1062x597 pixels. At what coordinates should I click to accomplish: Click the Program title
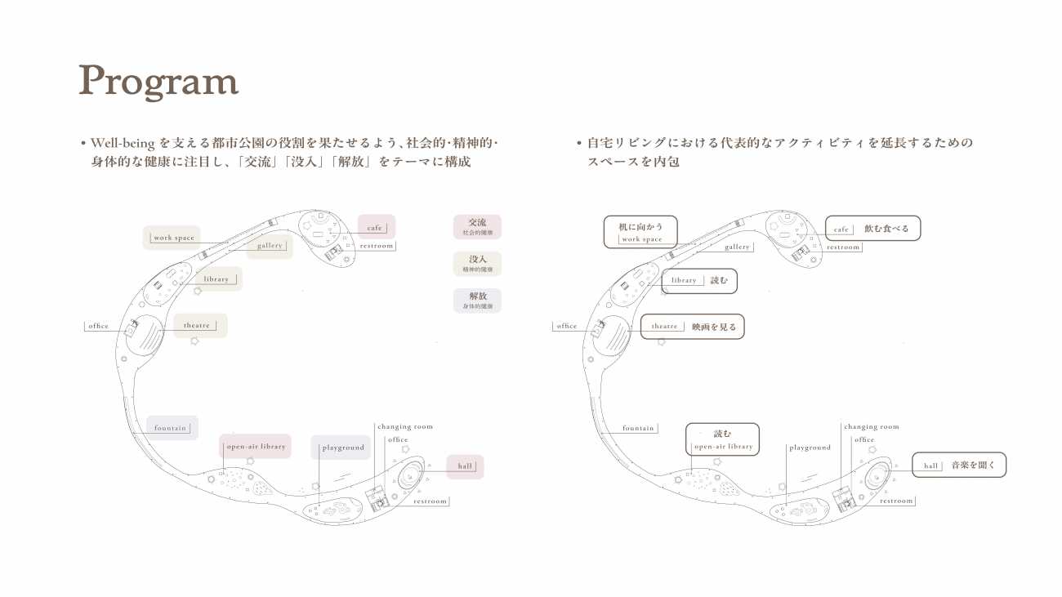(x=158, y=81)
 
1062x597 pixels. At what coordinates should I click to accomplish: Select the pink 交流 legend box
(x=477, y=226)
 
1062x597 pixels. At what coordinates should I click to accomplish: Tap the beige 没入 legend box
(x=477, y=264)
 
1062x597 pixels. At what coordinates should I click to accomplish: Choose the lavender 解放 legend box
(x=477, y=301)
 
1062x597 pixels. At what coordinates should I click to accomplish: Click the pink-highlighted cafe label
(x=376, y=227)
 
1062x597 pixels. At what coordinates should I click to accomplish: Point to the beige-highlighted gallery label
(x=270, y=246)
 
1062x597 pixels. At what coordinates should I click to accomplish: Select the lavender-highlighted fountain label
(x=172, y=428)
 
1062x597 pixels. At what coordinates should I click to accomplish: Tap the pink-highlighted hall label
(x=465, y=466)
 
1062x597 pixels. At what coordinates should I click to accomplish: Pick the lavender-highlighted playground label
(x=342, y=448)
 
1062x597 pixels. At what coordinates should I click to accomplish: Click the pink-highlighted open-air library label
(x=256, y=447)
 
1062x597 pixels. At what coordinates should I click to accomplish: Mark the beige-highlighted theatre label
(x=198, y=326)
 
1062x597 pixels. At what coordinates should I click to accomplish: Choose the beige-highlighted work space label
(x=173, y=238)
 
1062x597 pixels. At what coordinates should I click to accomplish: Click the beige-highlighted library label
(x=216, y=279)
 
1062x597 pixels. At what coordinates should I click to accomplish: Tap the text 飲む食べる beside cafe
(x=886, y=229)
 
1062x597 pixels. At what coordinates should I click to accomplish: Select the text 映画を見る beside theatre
(x=714, y=327)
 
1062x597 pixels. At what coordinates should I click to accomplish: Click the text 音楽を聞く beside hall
(x=973, y=466)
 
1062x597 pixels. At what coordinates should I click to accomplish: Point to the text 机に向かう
(x=641, y=226)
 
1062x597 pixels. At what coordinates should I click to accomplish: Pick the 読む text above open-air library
(x=723, y=434)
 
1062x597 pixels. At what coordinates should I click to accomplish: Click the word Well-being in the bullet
(x=123, y=143)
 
